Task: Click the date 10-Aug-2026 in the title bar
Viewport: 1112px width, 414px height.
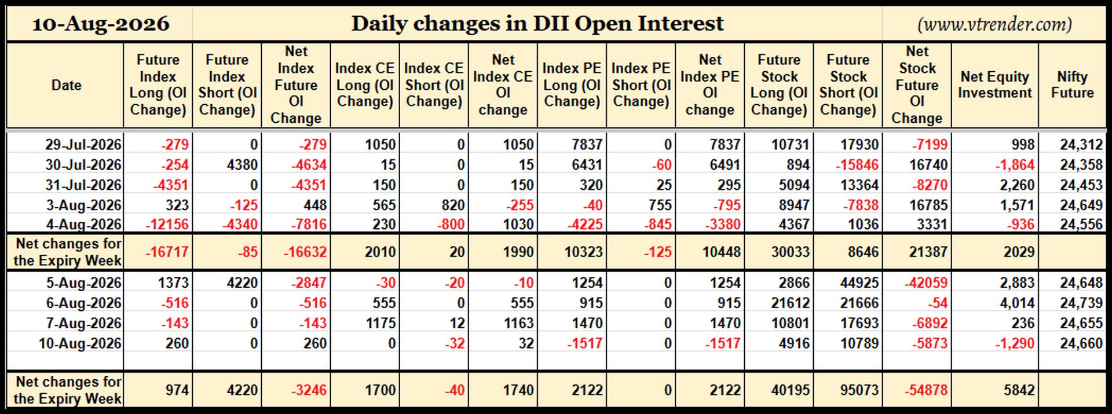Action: [x=100, y=24]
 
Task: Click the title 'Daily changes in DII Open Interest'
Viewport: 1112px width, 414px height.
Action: [x=537, y=24]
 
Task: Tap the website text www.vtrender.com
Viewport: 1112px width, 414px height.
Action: [x=994, y=24]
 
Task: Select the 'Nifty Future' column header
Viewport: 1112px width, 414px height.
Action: [x=1072, y=85]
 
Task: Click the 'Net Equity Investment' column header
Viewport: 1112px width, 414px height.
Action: [x=995, y=85]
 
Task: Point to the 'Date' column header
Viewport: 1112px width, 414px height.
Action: [x=66, y=85]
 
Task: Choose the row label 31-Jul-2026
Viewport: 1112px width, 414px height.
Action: [x=83, y=185]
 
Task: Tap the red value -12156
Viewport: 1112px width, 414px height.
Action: [x=167, y=224]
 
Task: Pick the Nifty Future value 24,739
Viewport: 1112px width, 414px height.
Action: [x=1081, y=303]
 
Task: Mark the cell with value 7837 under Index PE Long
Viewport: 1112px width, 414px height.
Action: [x=587, y=144]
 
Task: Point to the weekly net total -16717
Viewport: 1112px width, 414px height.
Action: [x=166, y=252]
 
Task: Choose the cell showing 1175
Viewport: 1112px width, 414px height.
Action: [x=381, y=323]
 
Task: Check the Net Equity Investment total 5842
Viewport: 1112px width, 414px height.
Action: [x=1019, y=390]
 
